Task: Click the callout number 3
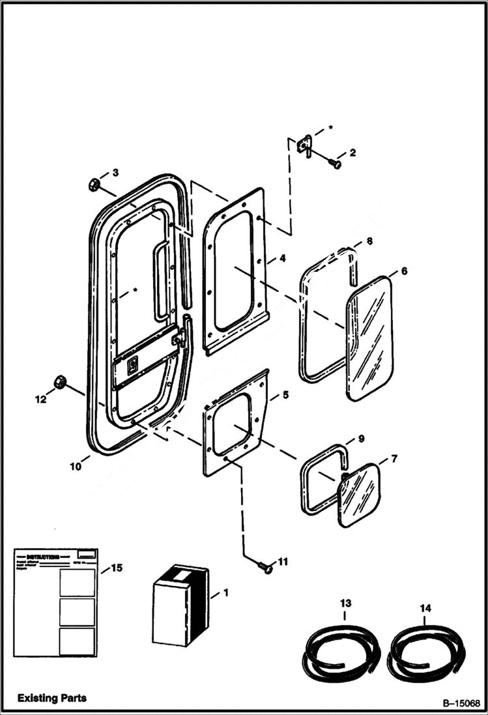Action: tap(115, 173)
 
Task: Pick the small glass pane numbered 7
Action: tap(358, 495)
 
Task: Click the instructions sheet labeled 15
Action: tap(55, 602)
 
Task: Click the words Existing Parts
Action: tap(52, 698)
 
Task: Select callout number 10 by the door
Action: tap(76, 466)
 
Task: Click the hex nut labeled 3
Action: tap(93, 184)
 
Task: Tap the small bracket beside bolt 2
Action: tap(304, 145)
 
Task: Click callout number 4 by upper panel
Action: tap(281, 258)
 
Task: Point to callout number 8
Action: tap(369, 241)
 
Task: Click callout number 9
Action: tap(360, 439)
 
